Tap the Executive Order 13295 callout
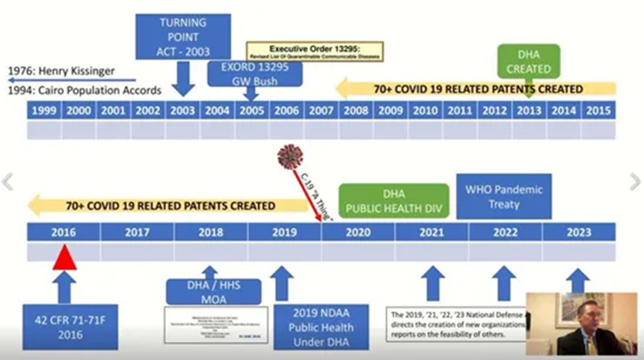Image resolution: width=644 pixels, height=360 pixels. (x=314, y=51)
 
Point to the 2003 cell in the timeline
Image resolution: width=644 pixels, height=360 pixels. (x=183, y=111)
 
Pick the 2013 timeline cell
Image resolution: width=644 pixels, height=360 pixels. (x=529, y=111)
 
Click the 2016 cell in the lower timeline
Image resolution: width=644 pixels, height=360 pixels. (x=64, y=232)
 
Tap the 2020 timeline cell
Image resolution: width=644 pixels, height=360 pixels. (x=358, y=232)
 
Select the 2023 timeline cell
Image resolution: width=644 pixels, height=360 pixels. (x=578, y=232)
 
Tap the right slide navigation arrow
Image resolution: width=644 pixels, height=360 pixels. (x=635, y=181)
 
